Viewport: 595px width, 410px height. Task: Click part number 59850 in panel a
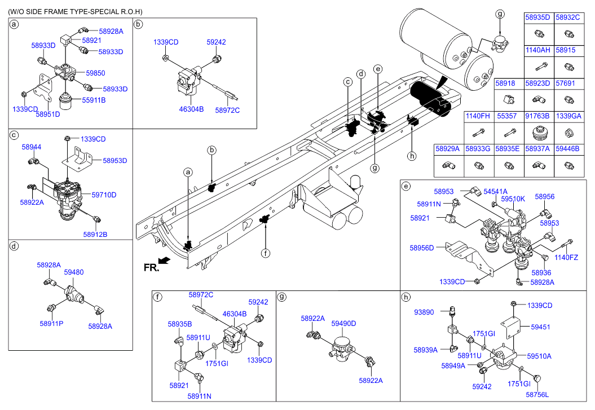pyautogui.click(x=96, y=73)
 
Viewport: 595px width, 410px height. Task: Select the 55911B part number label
pyautogui.click(x=94, y=100)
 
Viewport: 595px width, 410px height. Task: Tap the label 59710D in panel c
pyautogui.click(x=104, y=195)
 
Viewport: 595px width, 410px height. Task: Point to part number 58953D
pyautogui.click(x=115, y=161)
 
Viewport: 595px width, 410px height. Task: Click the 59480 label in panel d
pyautogui.click(x=74, y=272)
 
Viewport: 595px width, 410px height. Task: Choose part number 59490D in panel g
pyautogui.click(x=344, y=324)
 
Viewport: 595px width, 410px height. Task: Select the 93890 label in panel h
pyautogui.click(x=424, y=312)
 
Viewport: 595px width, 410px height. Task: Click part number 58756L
pyautogui.click(x=537, y=395)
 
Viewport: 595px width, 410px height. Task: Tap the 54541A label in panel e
pyautogui.click(x=495, y=192)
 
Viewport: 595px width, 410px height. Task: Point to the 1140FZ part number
pyautogui.click(x=566, y=258)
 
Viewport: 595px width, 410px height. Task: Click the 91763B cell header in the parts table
pyautogui.click(x=537, y=116)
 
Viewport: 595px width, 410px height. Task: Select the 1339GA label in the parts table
pyautogui.click(x=568, y=116)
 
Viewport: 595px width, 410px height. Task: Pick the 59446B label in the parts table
pyautogui.click(x=568, y=149)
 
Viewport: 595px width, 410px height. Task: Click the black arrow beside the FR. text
pyautogui.click(x=164, y=260)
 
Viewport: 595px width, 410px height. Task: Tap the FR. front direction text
pyautogui.click(x=151, y=268)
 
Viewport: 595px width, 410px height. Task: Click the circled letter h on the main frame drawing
pyautogui.click(x=412, y=156)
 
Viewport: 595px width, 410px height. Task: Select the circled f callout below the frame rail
pyautogui.click(x=266, y=253)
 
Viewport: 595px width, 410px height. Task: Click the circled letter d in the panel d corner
pyautogui.click(x=14, y=246)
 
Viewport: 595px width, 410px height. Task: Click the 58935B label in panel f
pyautogui.click(x=180, y=324)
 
